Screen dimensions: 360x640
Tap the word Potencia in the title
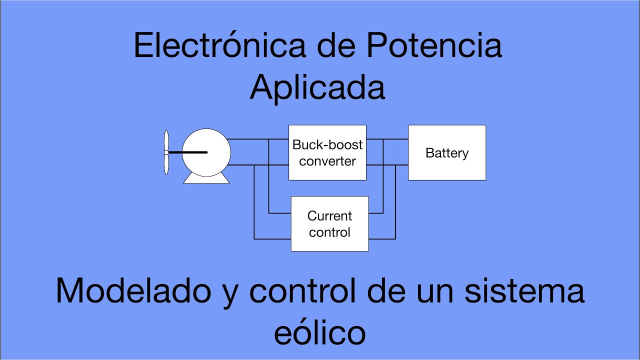[433, 46]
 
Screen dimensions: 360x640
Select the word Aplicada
[317, 88]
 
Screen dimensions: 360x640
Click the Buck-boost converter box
[327, 152]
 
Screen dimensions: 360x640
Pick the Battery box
[447, 152]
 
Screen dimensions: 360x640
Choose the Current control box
[329, 224]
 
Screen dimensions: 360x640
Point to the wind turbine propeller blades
[166, 152]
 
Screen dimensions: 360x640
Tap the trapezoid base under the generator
[206, 179]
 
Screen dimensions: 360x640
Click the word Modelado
[133, 291]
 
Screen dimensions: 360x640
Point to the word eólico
[320, 332]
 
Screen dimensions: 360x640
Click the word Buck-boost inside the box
[327, 145]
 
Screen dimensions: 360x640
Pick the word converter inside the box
[327, 161]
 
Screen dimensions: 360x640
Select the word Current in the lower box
[329, 216]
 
